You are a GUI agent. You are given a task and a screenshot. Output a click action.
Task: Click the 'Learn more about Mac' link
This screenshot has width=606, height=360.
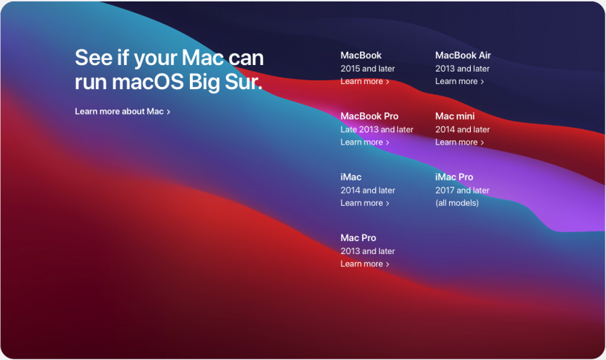(x=123, y=112)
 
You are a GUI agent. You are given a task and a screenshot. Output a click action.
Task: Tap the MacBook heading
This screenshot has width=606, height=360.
(x=361, y=55)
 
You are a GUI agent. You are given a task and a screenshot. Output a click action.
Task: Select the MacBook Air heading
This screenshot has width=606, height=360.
(x=463, y=55)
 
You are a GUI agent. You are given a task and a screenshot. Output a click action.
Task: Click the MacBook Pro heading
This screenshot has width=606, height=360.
(x=369, y=116)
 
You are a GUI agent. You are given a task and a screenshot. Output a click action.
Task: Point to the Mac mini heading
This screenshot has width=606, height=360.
(x=455, y=116)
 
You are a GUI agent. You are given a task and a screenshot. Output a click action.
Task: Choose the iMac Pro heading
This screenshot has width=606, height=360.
(x=454, y=177)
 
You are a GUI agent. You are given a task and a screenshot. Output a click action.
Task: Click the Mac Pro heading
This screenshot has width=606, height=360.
(x=358, y=238)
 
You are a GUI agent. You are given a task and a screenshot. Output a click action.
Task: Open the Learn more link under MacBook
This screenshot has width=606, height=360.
(x=365, y=81)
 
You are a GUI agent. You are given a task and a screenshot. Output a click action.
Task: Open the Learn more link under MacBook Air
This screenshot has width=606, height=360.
(x=459, y=81)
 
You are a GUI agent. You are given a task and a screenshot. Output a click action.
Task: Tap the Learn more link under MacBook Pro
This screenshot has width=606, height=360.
(x=365, y=142)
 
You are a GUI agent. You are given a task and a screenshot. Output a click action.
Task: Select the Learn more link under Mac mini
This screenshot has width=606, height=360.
(x=459, y=142)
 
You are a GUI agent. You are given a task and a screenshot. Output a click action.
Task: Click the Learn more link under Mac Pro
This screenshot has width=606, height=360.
(x=365, y=264)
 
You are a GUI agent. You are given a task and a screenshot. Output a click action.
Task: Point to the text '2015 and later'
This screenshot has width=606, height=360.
(x=367, y=69)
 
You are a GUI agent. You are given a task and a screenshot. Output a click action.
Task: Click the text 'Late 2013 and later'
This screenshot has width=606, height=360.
(x=377, y=129)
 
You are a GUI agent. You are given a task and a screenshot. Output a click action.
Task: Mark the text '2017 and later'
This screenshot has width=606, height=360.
(x=462, y=191)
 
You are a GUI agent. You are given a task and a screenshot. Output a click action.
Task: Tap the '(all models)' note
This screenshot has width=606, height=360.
(x=457, y=203)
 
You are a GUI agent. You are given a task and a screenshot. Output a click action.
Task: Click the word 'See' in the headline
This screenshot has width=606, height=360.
(x=93, y=58)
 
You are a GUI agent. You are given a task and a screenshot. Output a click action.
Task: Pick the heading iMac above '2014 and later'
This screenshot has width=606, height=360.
(x=351, y=177)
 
